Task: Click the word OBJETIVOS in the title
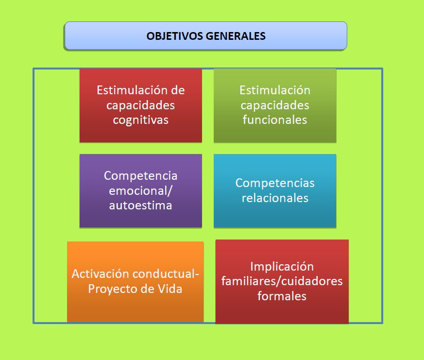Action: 175,36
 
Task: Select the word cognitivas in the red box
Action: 141,120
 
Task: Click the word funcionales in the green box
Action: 275,120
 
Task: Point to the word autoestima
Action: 141,206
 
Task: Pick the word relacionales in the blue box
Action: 275,198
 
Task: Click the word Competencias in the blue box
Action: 275,183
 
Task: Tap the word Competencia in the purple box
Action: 141,176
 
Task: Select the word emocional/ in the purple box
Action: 140,190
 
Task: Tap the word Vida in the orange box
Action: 170,289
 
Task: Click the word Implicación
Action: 282,267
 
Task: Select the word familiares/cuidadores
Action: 282,281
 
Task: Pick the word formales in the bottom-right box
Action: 282,296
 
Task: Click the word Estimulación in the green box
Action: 275,90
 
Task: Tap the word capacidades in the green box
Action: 275,105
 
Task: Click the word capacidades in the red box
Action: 141,105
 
